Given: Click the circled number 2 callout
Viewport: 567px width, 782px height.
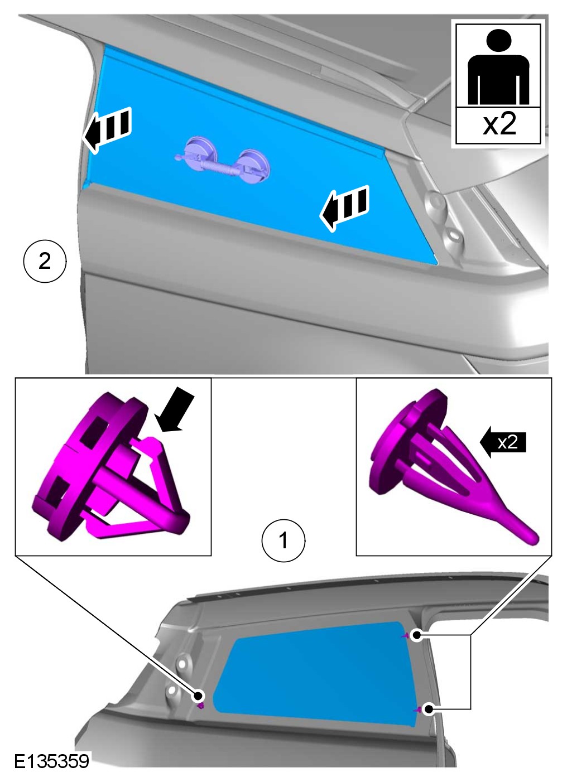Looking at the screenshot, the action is pos(45,261).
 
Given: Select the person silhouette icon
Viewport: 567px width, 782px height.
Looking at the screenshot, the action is pos(498,67).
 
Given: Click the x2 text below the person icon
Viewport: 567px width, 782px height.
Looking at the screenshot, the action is pos(499,124).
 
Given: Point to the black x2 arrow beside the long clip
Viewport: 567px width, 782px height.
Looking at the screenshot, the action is pos(503,442).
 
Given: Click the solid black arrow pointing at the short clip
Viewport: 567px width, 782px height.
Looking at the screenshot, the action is pos(174,409).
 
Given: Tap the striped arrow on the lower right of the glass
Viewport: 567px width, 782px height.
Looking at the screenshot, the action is pos(345,208).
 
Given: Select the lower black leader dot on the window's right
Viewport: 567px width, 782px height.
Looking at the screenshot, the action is pos(428,709).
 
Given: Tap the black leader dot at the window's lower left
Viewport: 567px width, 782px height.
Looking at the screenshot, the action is pos(198,696).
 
